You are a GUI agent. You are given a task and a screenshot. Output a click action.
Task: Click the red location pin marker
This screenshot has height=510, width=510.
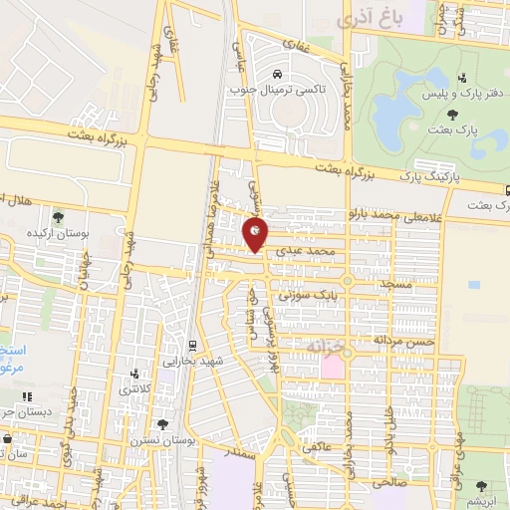pos(255,234)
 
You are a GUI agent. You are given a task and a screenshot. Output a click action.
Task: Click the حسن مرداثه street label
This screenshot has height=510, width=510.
pos(378,340)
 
